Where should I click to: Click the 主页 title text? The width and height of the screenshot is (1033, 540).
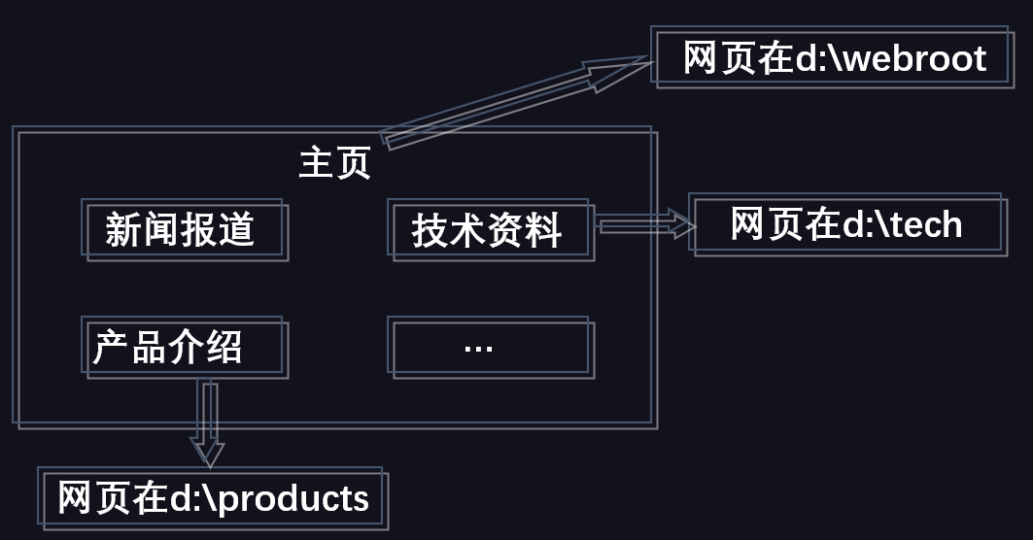click(x=334, y=162)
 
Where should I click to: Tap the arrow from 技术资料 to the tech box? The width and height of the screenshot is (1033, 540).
click(x=645, y=224)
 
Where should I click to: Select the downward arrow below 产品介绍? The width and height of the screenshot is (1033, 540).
click(x=208, y=422)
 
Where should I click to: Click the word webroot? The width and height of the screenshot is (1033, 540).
click(x=915, y=58)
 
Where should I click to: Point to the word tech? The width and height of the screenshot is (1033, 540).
click(x=923, y=225)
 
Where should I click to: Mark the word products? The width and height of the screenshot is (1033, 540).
click(x=293, y=500)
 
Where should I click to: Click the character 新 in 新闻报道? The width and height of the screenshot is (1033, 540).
click(x=123, y=230)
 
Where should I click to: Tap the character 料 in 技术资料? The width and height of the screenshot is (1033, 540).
click(x=543, y=230)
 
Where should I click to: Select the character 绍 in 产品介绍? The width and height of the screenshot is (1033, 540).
click(x=224, y=347)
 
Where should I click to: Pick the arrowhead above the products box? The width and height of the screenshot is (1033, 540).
click(x=208, y=453)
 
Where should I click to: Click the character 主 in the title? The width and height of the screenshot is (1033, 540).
click(x=316, y=162)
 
